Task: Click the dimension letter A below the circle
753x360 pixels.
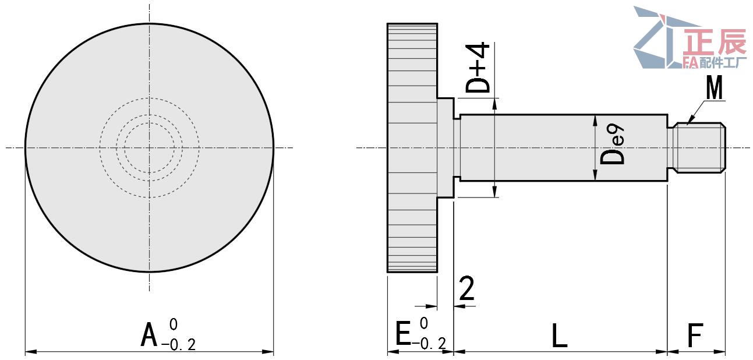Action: pos(150,336)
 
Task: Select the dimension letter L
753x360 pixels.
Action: pos(559,336)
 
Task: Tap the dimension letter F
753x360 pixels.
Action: pos(695,336)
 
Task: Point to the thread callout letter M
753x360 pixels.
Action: pos(714,89)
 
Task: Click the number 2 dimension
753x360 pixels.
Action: pos(466,289)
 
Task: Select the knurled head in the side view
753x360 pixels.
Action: pos(412,148)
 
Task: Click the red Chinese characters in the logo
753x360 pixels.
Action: pos(716,43)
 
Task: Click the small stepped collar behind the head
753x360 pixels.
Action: pos(446,148)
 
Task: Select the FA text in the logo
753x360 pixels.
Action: pos(690,62)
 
